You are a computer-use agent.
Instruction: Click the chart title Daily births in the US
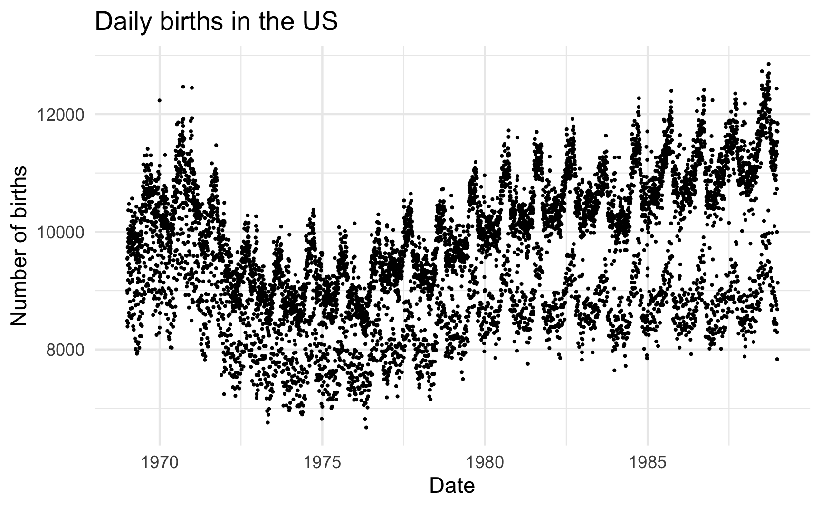tap(216, 22)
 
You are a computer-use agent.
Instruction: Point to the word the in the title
tap(276, 22)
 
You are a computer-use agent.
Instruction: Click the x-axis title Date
tap(452, 486)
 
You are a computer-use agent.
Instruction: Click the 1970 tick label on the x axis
tap(160, 461)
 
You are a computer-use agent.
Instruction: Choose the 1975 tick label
tap(322, 461)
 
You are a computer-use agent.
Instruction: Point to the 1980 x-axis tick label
tap(485, 461)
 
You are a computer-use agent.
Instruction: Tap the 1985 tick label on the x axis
tap(648, 461)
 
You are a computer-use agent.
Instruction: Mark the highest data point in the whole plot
tap(768, 64)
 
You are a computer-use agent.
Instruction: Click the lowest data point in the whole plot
tap(366, 427)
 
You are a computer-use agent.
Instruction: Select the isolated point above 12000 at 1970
tap(159, 100)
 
